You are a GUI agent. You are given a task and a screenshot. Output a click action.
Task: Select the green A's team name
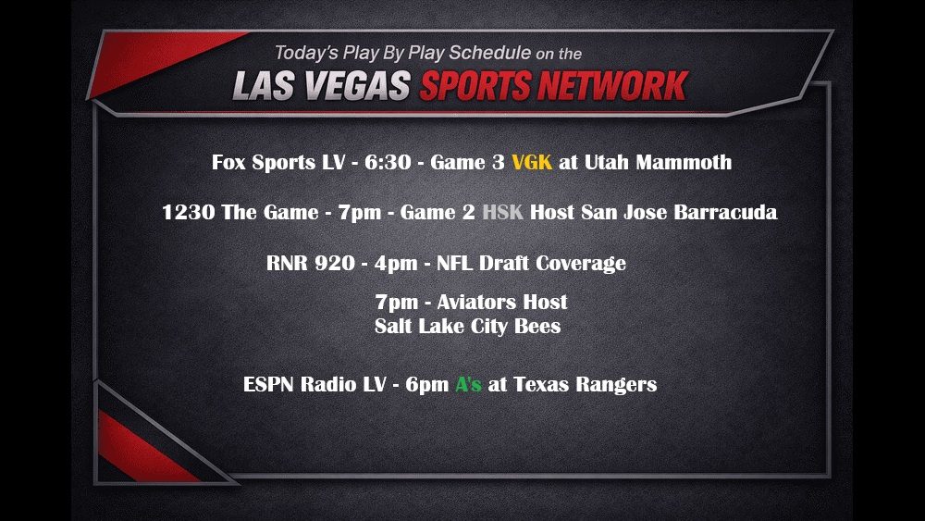point(468,385)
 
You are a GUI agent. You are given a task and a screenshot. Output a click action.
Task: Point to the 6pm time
point(426,385)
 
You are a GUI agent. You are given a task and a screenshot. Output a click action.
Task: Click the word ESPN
point(267,385)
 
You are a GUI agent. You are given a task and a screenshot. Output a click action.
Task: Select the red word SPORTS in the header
point(475,85)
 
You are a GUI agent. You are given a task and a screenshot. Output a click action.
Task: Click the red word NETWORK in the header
point(614,85)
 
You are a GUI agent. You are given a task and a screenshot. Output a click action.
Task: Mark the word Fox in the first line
point(229,163)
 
